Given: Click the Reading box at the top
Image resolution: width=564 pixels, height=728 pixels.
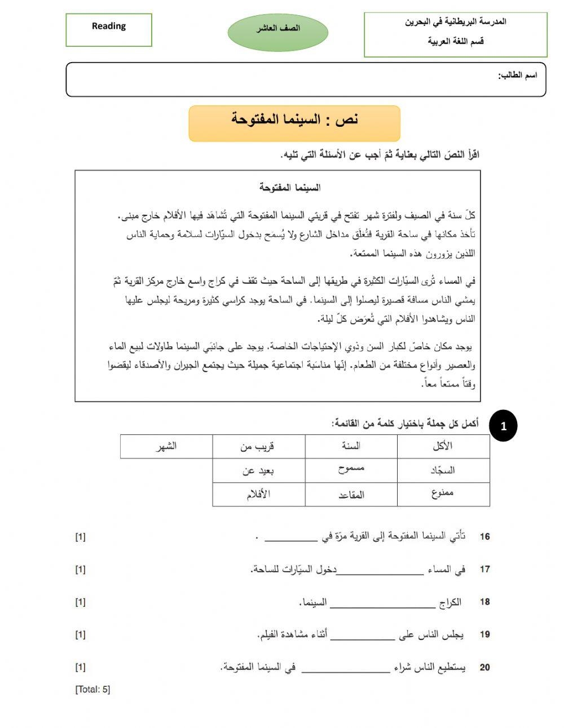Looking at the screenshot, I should [x=109, y=29].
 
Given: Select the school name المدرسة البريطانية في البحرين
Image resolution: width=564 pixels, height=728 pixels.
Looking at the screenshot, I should [x=456, y=22].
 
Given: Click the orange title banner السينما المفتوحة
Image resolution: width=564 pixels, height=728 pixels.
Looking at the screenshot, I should [x=294, y=122].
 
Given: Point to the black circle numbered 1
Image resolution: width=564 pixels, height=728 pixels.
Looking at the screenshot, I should [x=503, y=426].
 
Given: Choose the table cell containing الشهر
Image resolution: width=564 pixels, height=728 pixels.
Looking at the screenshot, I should [x=166, y=446].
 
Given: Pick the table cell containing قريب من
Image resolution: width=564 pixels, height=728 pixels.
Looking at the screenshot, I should [x=258, y=446].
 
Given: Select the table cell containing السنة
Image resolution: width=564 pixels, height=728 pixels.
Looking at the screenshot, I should [x=351, y=446].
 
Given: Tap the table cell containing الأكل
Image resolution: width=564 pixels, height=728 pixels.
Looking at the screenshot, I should [x=443, y=446].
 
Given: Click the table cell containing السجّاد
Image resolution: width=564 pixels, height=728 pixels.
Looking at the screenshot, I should [x=443, y=470].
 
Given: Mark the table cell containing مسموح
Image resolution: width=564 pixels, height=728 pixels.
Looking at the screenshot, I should [x=351, y=470].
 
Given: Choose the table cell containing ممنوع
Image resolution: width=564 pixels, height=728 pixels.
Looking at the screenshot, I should [x=443, y=494].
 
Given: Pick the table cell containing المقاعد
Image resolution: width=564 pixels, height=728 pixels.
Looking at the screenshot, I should [x=351, y=495].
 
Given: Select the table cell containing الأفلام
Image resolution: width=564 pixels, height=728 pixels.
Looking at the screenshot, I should [x=258, y=495].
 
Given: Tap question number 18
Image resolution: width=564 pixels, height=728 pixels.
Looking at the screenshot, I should [x=484, y=602].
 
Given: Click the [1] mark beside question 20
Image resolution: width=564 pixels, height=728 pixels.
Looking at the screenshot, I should [x=80, y=668].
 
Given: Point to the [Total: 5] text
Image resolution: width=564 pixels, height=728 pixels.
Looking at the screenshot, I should [x=92, y=690].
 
